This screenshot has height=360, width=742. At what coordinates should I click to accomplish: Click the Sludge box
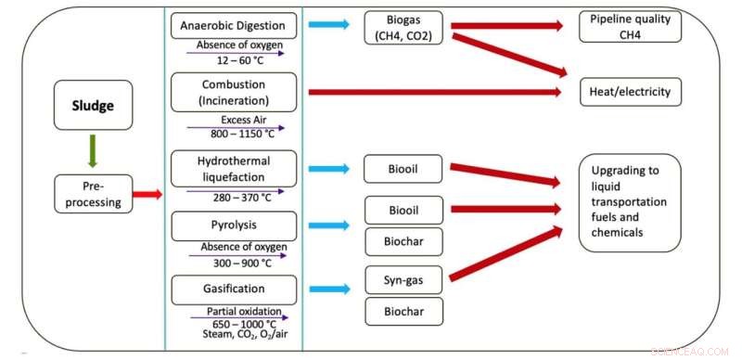point(93,105)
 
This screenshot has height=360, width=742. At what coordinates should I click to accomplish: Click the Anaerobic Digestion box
point(234,25)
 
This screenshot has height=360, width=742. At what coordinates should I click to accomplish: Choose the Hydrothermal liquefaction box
point(234,167)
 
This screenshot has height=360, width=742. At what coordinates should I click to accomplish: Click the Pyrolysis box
point(234,225)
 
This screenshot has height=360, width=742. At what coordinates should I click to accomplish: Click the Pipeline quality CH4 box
point(629,26)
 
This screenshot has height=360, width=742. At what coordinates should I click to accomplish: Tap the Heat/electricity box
point(629,92)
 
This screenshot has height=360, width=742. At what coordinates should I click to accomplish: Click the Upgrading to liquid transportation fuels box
point(629,201)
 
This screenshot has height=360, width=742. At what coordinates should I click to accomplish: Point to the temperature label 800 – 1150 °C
point(234,134)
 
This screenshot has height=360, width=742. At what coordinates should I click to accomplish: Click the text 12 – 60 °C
point(234,59)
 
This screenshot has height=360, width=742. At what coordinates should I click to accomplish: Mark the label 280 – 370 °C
point(234,197)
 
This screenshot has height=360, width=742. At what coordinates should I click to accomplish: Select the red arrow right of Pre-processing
point(147,194)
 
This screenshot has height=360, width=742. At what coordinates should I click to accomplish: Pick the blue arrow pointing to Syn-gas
point(329,288)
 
